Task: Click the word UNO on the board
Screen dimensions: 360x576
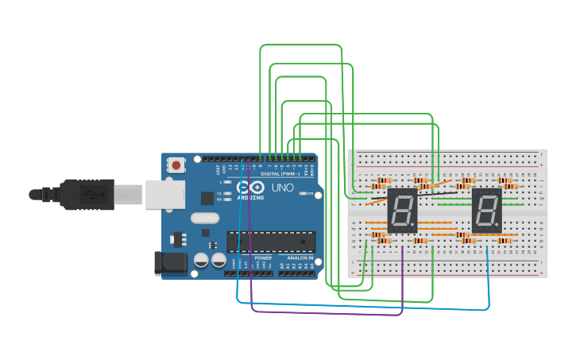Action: [x=283, y=188]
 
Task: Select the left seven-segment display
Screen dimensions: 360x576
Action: [x=403, y=211]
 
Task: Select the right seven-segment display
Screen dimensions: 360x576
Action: [x=486, y=211]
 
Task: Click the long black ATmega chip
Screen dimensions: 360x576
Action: [x=271, y=240]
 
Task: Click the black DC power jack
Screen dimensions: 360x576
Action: [x=167, y=263]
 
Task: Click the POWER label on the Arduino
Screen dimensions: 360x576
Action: [x=264, y=258]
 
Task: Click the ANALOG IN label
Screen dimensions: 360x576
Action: [x=300, y=258]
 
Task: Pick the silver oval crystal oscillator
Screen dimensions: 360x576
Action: [x=204, y=218]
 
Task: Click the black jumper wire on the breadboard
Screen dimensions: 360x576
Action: [x=435, y=193]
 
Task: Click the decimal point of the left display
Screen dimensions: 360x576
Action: [x=414, y=227]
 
